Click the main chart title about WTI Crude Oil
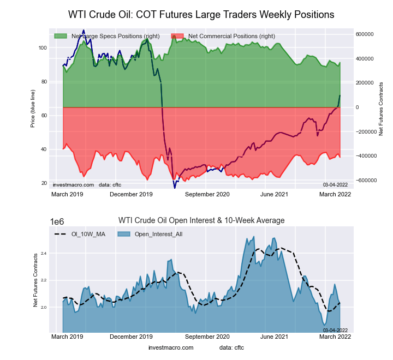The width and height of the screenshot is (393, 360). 201,14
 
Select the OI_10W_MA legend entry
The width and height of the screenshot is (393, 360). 82,234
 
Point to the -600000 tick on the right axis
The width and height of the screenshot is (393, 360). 364,180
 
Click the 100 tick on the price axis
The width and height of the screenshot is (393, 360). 43,48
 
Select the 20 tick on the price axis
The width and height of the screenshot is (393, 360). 44,183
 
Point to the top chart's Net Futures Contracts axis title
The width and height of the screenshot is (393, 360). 381,109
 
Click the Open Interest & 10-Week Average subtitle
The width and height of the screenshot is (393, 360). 201,220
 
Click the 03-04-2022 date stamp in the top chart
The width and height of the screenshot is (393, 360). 335,184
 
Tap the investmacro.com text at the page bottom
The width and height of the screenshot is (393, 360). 171,347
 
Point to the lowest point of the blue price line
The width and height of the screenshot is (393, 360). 175,188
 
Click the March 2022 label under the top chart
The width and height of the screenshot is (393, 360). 334,194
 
